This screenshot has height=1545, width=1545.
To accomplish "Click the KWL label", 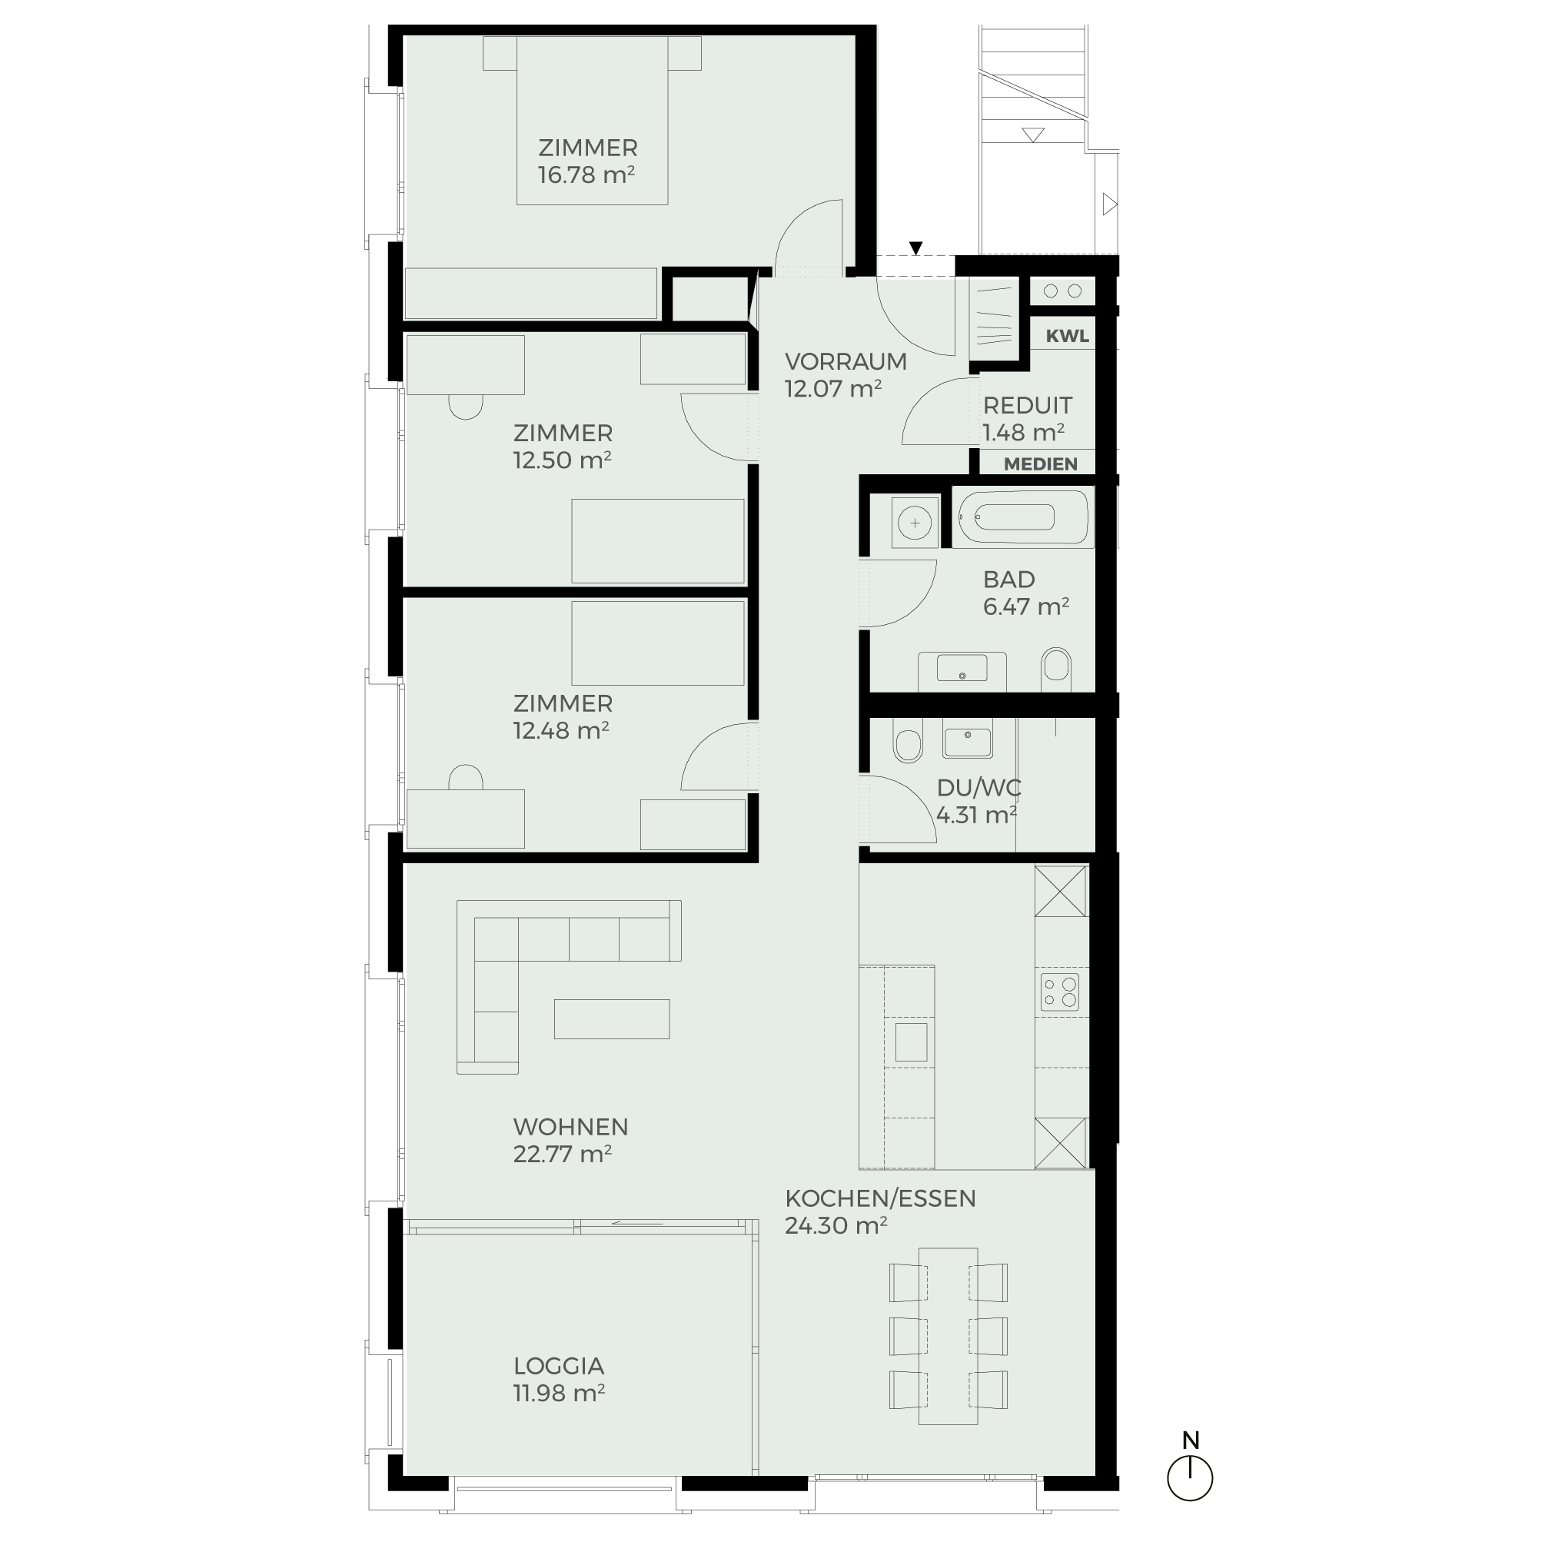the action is click(1067, 337).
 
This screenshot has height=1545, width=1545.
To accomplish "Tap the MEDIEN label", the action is click(1041, 463).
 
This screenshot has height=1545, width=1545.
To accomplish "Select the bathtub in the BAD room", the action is click(1022, 517).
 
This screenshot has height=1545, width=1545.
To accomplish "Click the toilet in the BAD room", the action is click(1055, 668).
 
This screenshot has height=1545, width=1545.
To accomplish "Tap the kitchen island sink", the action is click(911, 1042).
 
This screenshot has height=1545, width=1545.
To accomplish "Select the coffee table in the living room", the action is click(612, 1018).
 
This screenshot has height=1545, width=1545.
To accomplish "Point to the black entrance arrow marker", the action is click(916, 248).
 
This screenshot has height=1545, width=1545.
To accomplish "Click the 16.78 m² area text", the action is click(586, 175).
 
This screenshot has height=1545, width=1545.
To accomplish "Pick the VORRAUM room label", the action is click(846, 361).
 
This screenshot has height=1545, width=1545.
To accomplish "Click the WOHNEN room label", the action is click(570, 1127).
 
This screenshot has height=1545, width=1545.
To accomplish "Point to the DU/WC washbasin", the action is click(968, 737).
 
